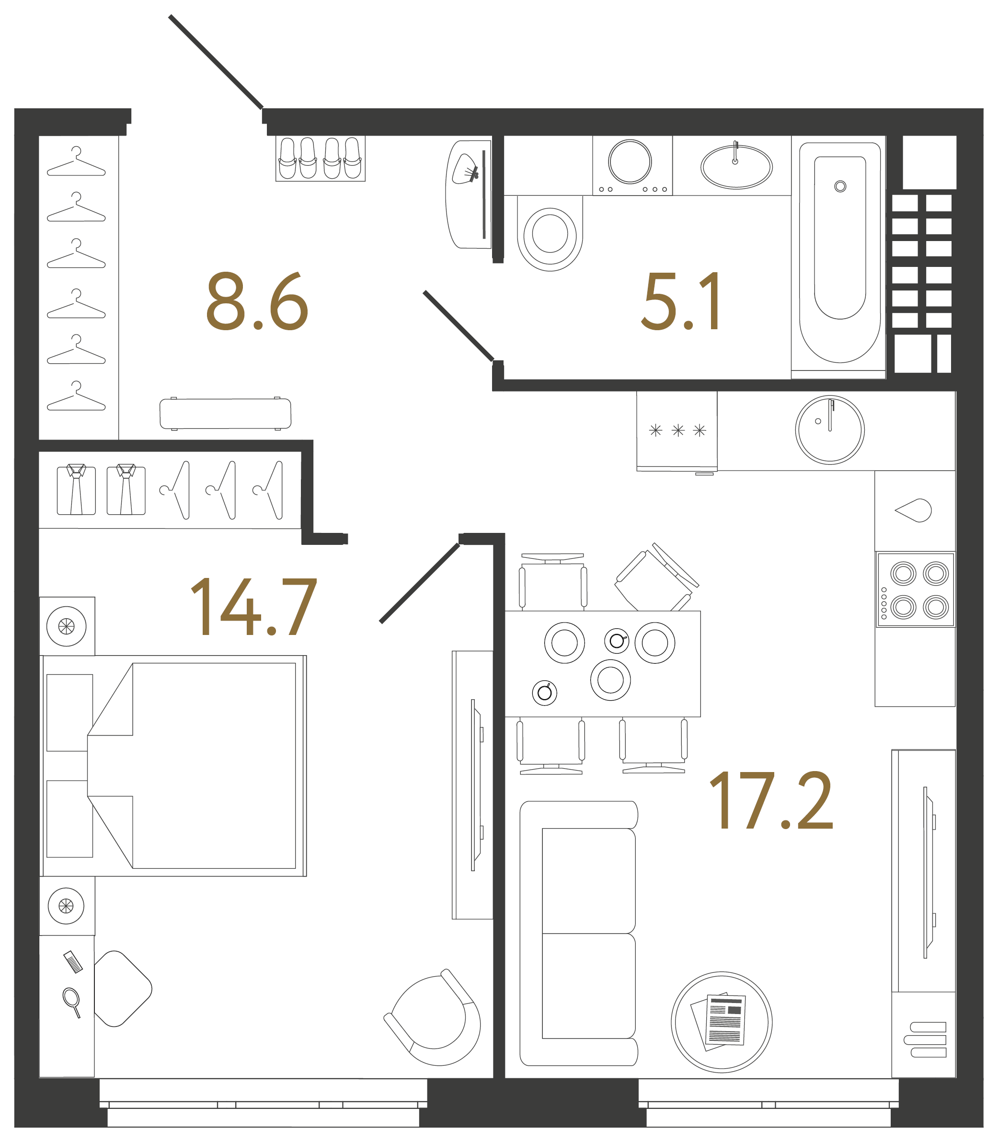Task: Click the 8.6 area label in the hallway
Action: [x=257, y=301]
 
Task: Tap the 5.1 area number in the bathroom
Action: [x=680, y=301]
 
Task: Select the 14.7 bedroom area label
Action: [x=253, y=607]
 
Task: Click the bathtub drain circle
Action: [x=840, y=186]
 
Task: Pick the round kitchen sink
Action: [x=830, y=429]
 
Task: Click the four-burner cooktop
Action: [x=916, y=589]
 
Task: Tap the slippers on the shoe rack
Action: [x=320, y=158]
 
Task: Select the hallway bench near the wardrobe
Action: [x=225, y=414]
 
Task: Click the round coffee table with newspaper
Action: [x=721, y=1022]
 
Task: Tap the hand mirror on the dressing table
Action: [x=72, y=1000]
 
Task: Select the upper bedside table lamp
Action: [x=66, y=626]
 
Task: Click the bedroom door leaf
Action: [x=420, y=583]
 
